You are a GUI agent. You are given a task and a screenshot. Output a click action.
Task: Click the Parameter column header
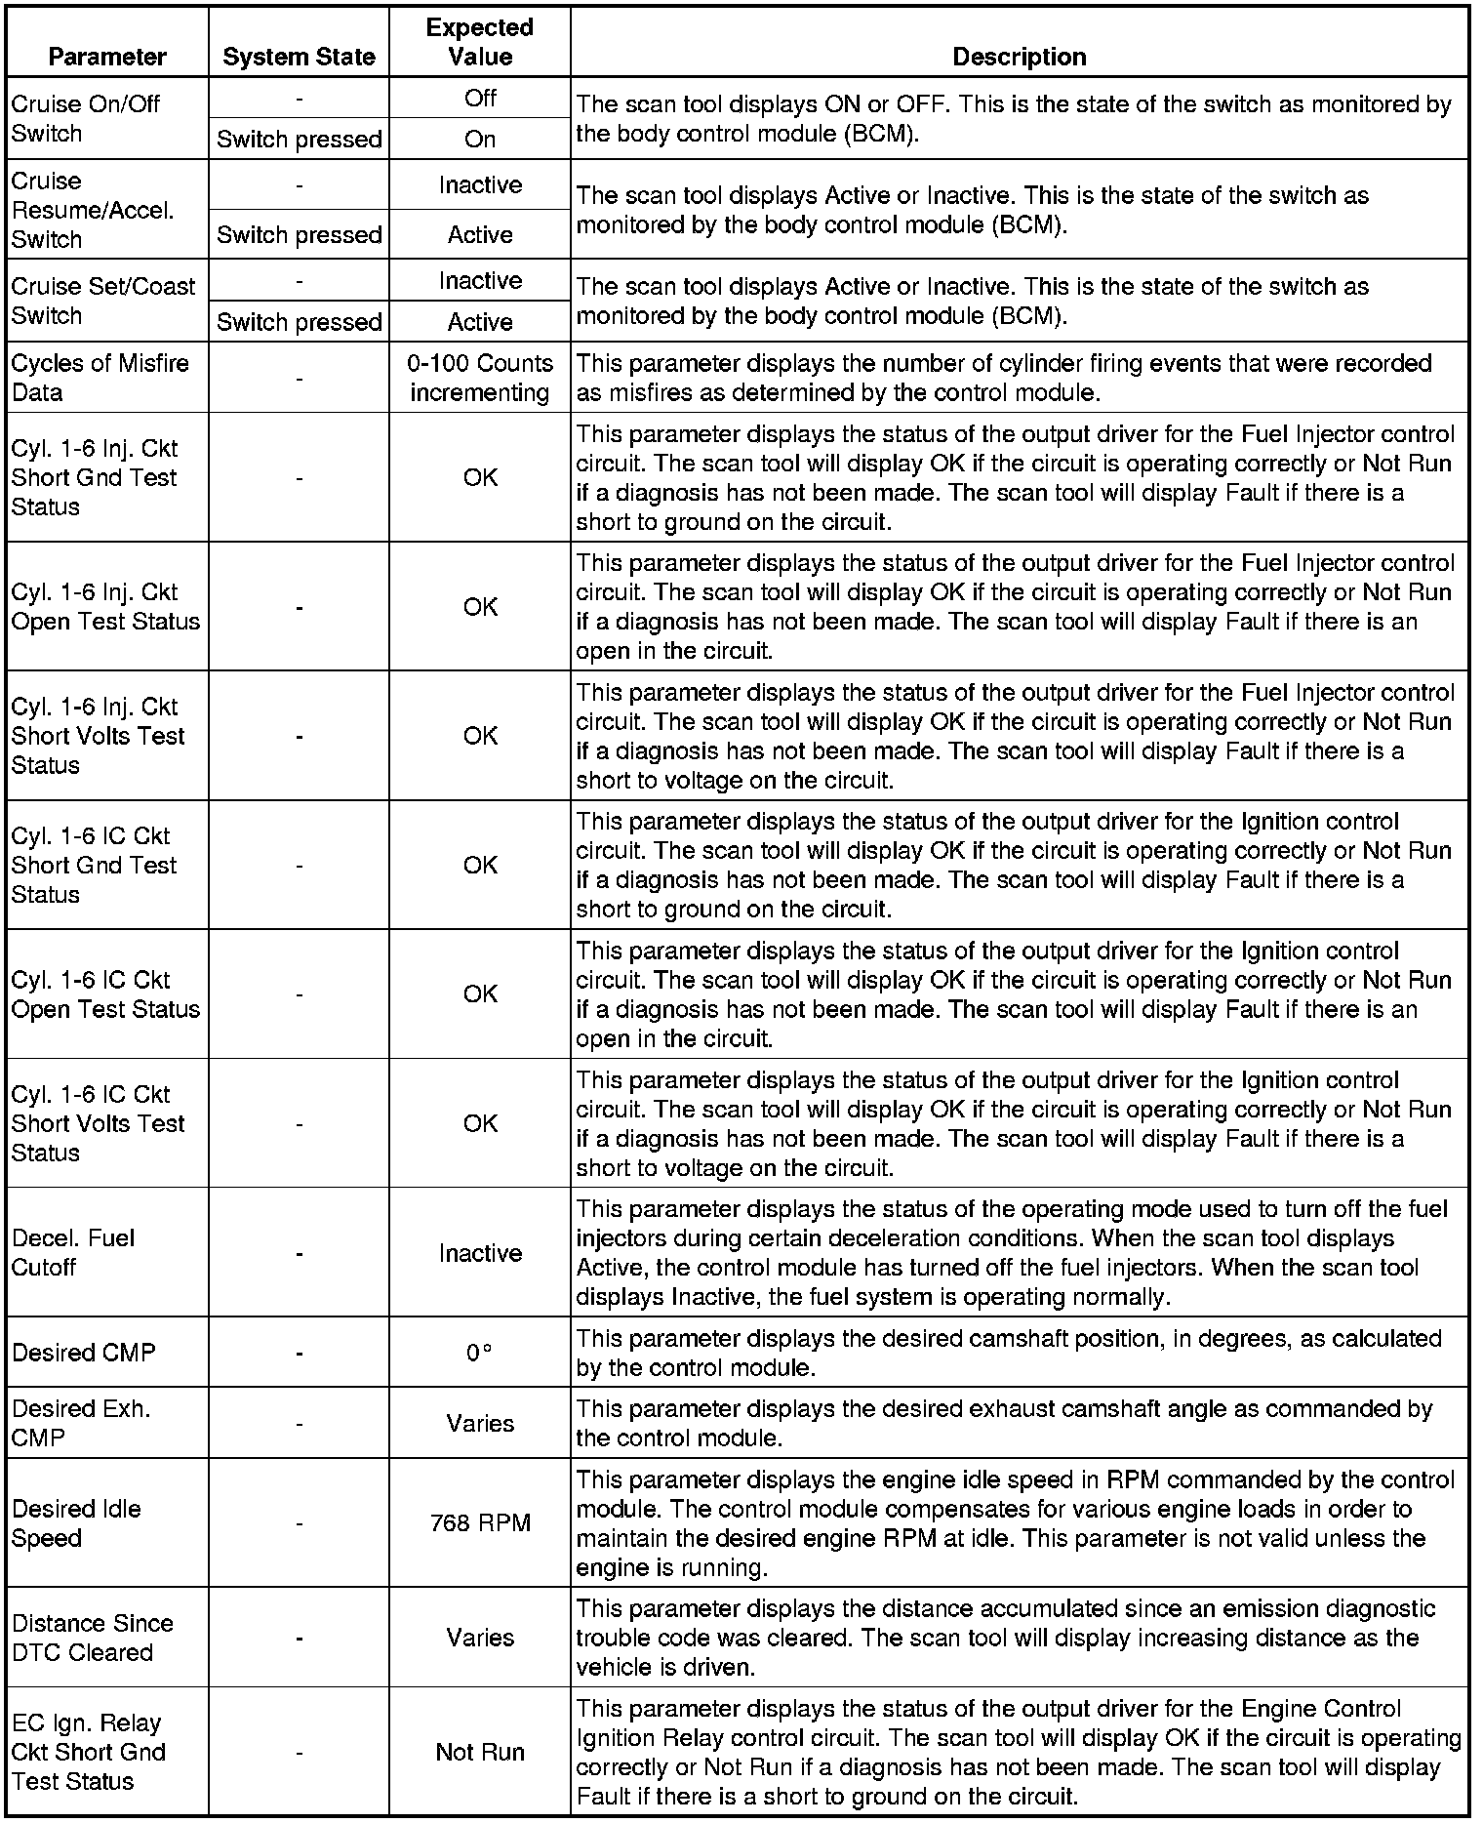107,57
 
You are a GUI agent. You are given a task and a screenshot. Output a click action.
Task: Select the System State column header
299,57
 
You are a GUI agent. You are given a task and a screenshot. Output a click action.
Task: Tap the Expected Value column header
480,42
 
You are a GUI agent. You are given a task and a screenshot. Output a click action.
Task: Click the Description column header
1019,57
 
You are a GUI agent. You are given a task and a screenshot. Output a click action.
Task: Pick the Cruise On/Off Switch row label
86,118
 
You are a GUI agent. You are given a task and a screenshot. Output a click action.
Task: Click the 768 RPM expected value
480,1522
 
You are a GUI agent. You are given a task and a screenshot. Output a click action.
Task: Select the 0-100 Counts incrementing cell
480,378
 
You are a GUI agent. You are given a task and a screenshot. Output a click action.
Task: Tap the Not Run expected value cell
480,1752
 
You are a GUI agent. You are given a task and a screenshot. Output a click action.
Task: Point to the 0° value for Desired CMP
478,1353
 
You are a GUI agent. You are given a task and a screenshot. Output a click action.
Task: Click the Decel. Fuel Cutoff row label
74,1252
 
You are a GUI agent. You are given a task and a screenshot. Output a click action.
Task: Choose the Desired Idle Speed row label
77,1522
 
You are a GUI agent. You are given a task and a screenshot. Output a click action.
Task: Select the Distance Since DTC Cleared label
93,1638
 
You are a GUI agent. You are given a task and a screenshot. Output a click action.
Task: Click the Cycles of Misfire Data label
100,378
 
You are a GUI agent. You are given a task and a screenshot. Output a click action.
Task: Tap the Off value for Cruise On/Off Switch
480,98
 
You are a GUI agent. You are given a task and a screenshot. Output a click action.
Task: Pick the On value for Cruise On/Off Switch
480,140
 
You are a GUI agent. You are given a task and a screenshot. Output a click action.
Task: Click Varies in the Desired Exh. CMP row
480,1423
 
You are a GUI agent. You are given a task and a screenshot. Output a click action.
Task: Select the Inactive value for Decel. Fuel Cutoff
480,1253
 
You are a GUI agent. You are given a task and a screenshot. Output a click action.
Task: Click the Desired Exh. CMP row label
82,1423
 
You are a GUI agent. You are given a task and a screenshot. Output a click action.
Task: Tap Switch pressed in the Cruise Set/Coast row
299,322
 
